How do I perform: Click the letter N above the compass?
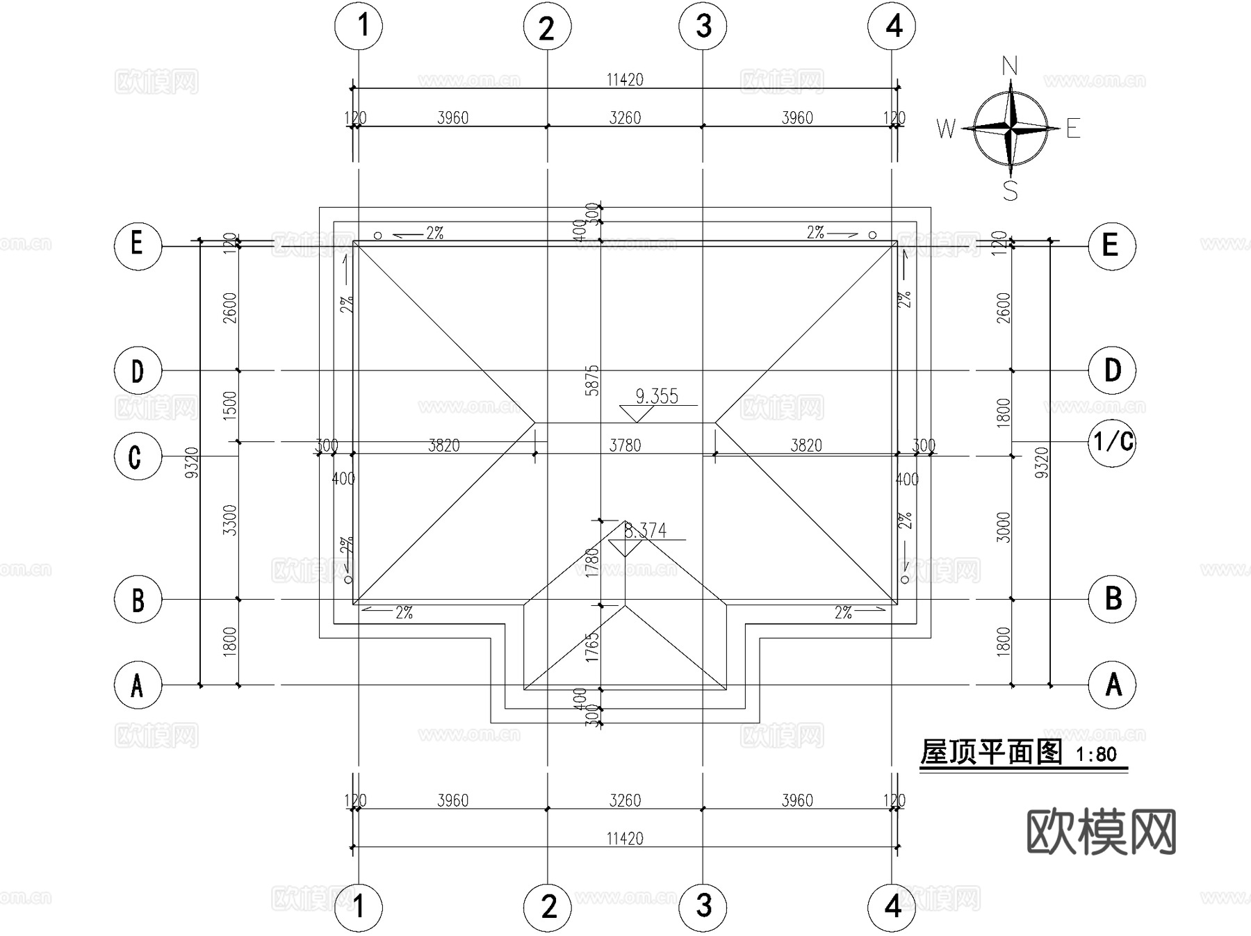1010,67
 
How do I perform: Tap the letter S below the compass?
1011,190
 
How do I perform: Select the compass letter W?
946,129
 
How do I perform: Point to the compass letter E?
1073,129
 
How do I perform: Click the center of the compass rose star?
1011,128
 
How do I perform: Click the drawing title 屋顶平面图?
991,752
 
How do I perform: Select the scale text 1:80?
1096,754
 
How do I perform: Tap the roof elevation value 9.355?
657,396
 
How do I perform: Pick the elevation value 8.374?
646,531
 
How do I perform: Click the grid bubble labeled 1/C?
1112,442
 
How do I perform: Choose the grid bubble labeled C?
137,457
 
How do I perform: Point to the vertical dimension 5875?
592,380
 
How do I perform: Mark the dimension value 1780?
592,563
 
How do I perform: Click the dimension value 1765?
592,647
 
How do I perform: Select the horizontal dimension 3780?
625,445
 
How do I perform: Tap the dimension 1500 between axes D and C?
230,404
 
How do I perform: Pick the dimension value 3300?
230,520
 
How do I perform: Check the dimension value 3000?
1003,527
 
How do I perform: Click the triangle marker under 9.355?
636,414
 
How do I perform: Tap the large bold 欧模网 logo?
1102,832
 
